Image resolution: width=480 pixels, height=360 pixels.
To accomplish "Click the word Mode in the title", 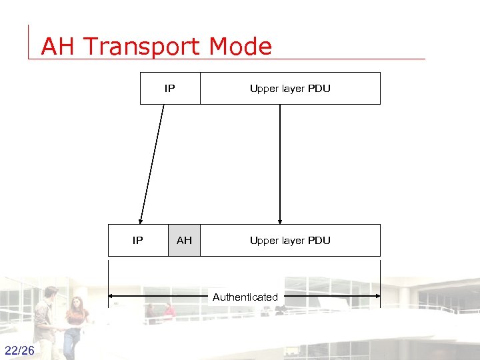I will [x=241, y=47].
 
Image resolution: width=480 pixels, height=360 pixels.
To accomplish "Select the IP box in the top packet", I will [x=170, y=89].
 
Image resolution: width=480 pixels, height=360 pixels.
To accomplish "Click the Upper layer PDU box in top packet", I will [x=290, y=89].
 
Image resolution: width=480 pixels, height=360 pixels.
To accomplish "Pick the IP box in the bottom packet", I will [x=138, y=241].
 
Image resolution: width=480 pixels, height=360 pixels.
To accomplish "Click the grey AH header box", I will [x=184, y=241].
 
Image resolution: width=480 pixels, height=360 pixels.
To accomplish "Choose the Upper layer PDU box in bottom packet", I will [x=290, y=241].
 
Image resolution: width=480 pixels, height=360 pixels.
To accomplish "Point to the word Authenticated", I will [x=245, y=297].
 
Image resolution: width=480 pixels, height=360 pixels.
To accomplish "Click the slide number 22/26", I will [x=19, y=351].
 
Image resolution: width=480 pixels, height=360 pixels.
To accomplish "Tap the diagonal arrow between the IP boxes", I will [x=151, y=163].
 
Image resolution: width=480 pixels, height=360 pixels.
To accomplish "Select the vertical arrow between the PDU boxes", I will [x=280, y=163].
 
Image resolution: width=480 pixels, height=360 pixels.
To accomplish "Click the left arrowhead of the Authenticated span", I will [x=112, y=296].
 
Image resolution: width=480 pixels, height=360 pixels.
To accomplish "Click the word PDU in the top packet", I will [x=319, y=89].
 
